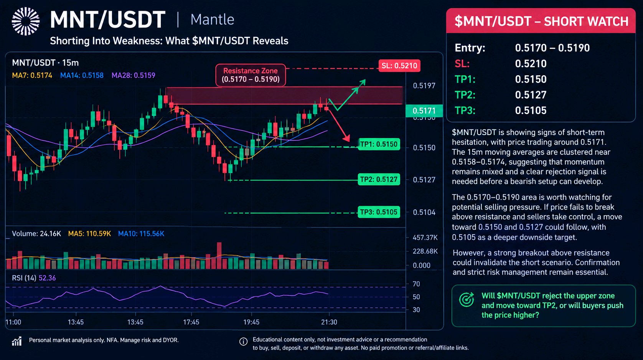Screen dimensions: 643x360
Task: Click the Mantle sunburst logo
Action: click(x=26, y=21)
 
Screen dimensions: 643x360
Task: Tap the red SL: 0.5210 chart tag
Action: click(x=399, y=66)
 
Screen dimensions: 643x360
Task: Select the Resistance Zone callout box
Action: click(x=251, y=75)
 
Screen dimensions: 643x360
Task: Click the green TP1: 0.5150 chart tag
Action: click(x=379, y=144)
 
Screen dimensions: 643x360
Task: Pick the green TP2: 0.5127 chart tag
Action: click(x=379, y=180)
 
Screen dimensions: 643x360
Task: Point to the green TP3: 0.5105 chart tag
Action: click(x=379, y=212)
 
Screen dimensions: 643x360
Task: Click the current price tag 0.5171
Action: click(x=424, y=111)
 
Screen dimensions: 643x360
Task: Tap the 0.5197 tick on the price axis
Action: click(x=424, y=86)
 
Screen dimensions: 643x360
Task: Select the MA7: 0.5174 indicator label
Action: click(x=32, y=76)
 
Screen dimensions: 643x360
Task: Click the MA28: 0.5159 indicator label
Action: click(x=133, y=76)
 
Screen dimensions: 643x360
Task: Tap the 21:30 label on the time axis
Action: click(x=329, y=322)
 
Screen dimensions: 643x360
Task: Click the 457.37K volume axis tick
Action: click(x=425, y=238)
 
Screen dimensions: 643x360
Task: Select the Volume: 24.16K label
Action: click(x=36, y=234)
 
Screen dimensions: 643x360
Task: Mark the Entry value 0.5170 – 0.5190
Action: click(x=552, y=48)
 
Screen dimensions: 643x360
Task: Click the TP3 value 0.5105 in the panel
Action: click(x=531, y=111)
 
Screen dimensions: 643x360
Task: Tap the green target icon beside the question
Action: click(x=467, y=300)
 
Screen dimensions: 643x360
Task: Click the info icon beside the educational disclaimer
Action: click(x=243, y=342)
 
